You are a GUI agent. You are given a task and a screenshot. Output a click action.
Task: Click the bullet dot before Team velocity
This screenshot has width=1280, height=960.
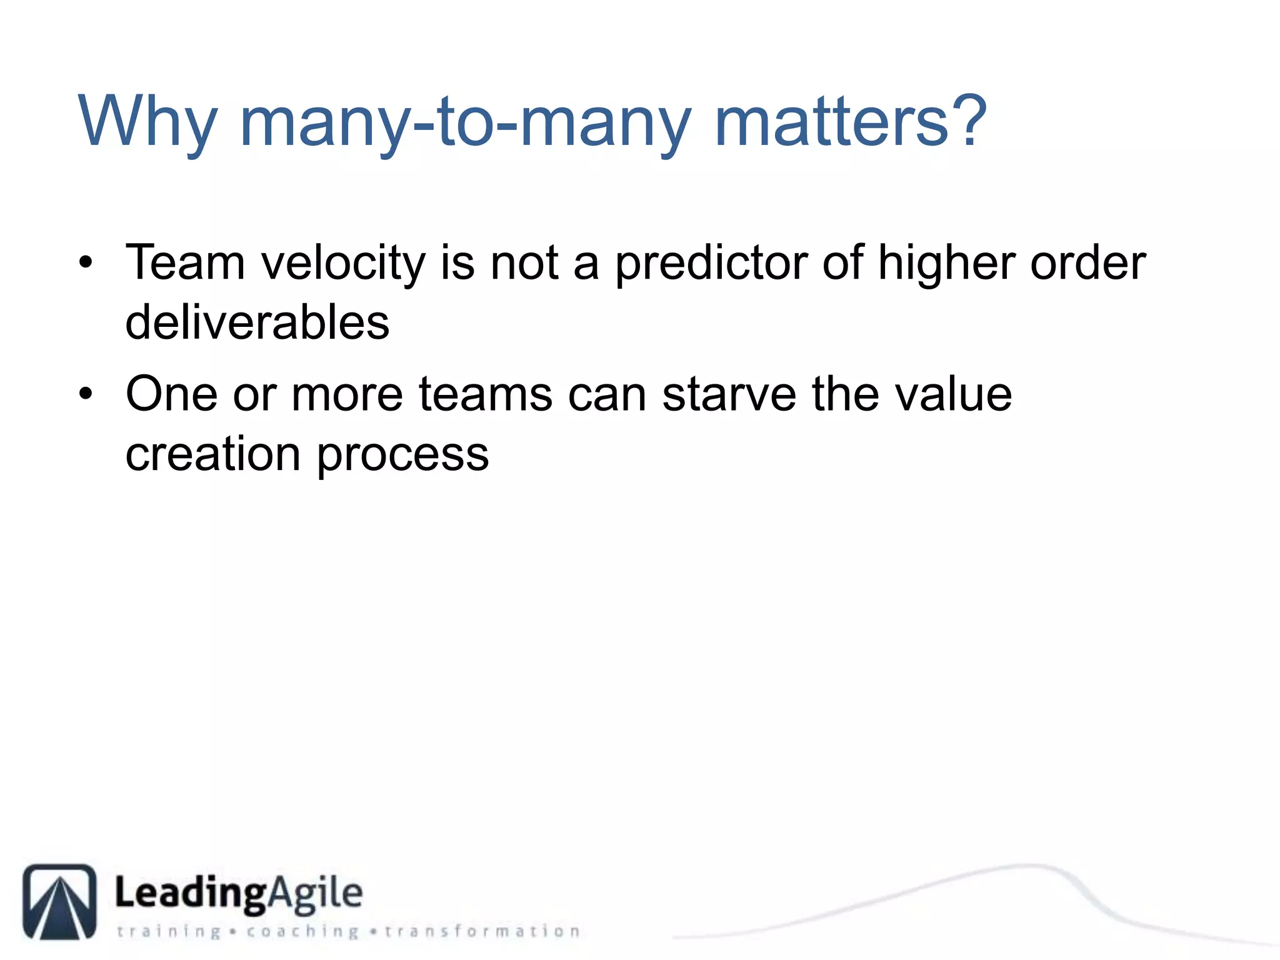click(x=86, y=262)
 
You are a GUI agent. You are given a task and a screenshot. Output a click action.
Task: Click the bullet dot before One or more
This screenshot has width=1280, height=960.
click(x=86, y=394)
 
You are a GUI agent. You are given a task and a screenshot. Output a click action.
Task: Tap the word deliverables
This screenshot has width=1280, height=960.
click(x=257, y=322)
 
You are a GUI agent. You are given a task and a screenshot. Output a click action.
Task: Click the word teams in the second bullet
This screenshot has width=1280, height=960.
click(x=485, y=394)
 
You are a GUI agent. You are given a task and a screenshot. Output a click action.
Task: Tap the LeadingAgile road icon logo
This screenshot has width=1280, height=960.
click(x=60, y=901)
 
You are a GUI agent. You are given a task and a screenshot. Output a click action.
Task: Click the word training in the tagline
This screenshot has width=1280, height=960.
click(x=169, y=932)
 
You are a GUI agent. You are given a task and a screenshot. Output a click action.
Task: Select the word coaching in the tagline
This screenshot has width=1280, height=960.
click(x=302, y=932)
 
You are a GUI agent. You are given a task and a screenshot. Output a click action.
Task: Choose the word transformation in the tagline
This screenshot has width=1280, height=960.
click(x=482, y=932)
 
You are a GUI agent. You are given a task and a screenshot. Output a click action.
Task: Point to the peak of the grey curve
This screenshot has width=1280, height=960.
click(x=1025, y=866)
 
